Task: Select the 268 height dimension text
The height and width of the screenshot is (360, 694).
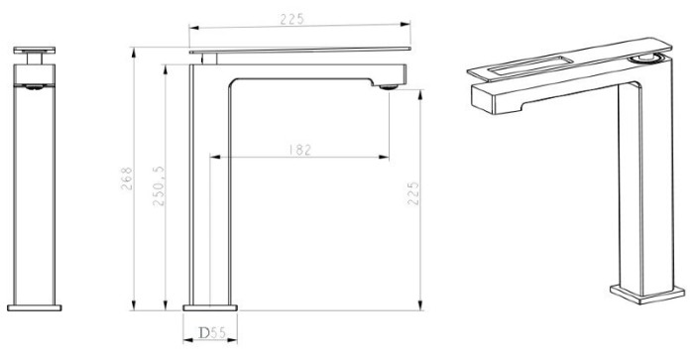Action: click(x=127, y=179)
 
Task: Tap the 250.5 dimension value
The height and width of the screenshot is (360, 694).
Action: click(x=159, y=186)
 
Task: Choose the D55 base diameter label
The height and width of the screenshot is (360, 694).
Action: click(x=212, y=332)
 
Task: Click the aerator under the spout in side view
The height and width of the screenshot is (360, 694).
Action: click(x=389, y=87)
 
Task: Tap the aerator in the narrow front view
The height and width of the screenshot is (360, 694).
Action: click(x=34, y=87)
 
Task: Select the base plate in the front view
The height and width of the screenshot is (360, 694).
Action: click(x=35, y=307)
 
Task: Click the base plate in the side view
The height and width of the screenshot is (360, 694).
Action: click(x=210, y=307)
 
